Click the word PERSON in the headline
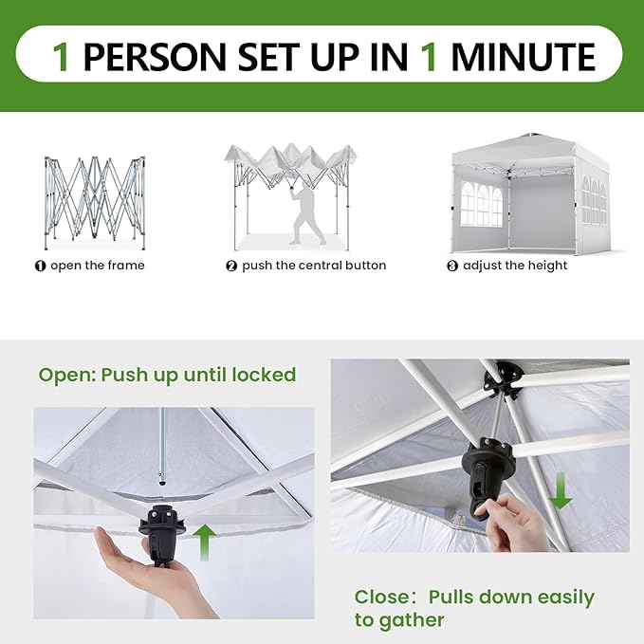pyautogui.click(x=155, y=56)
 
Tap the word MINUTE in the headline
pyautogui.click(x=523, y=56)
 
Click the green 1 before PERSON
pyautogui.click(x=62, y=56)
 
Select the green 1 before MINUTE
pyautogui.click(x=429, y=56)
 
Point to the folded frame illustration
pyautogui.click(x=95, y=202)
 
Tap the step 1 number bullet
pyautogui.click(x=40, y=267)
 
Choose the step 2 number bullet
pyautogui.click(x=231, y=267)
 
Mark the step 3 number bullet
pyautogui.click(x=452, y=267)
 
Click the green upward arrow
pyautogui.click(x=204, y=543)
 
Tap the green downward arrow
pyautogui.click(x=561, y=490)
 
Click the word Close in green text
pyautogui.click(x=382, y=598)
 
